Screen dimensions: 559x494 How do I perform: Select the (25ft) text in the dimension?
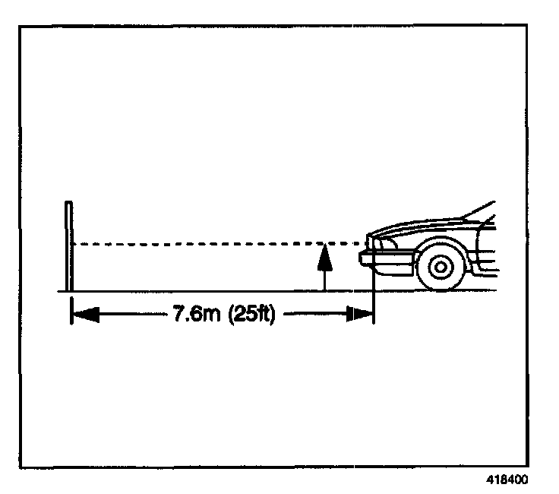pos(246,314)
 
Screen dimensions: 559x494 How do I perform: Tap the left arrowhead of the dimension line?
pos(84,314)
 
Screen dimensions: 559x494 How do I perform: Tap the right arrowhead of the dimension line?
pos(359,314)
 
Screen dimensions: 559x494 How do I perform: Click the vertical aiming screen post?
pos(69,247)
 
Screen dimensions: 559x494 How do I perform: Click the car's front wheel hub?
pos(441,266)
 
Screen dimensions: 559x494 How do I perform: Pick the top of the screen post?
pos(69,204)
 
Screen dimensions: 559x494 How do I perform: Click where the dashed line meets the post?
pos(72,244)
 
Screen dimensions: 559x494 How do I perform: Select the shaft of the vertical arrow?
pos(324,278)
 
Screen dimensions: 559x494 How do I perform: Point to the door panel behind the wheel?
pos(486,258)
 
